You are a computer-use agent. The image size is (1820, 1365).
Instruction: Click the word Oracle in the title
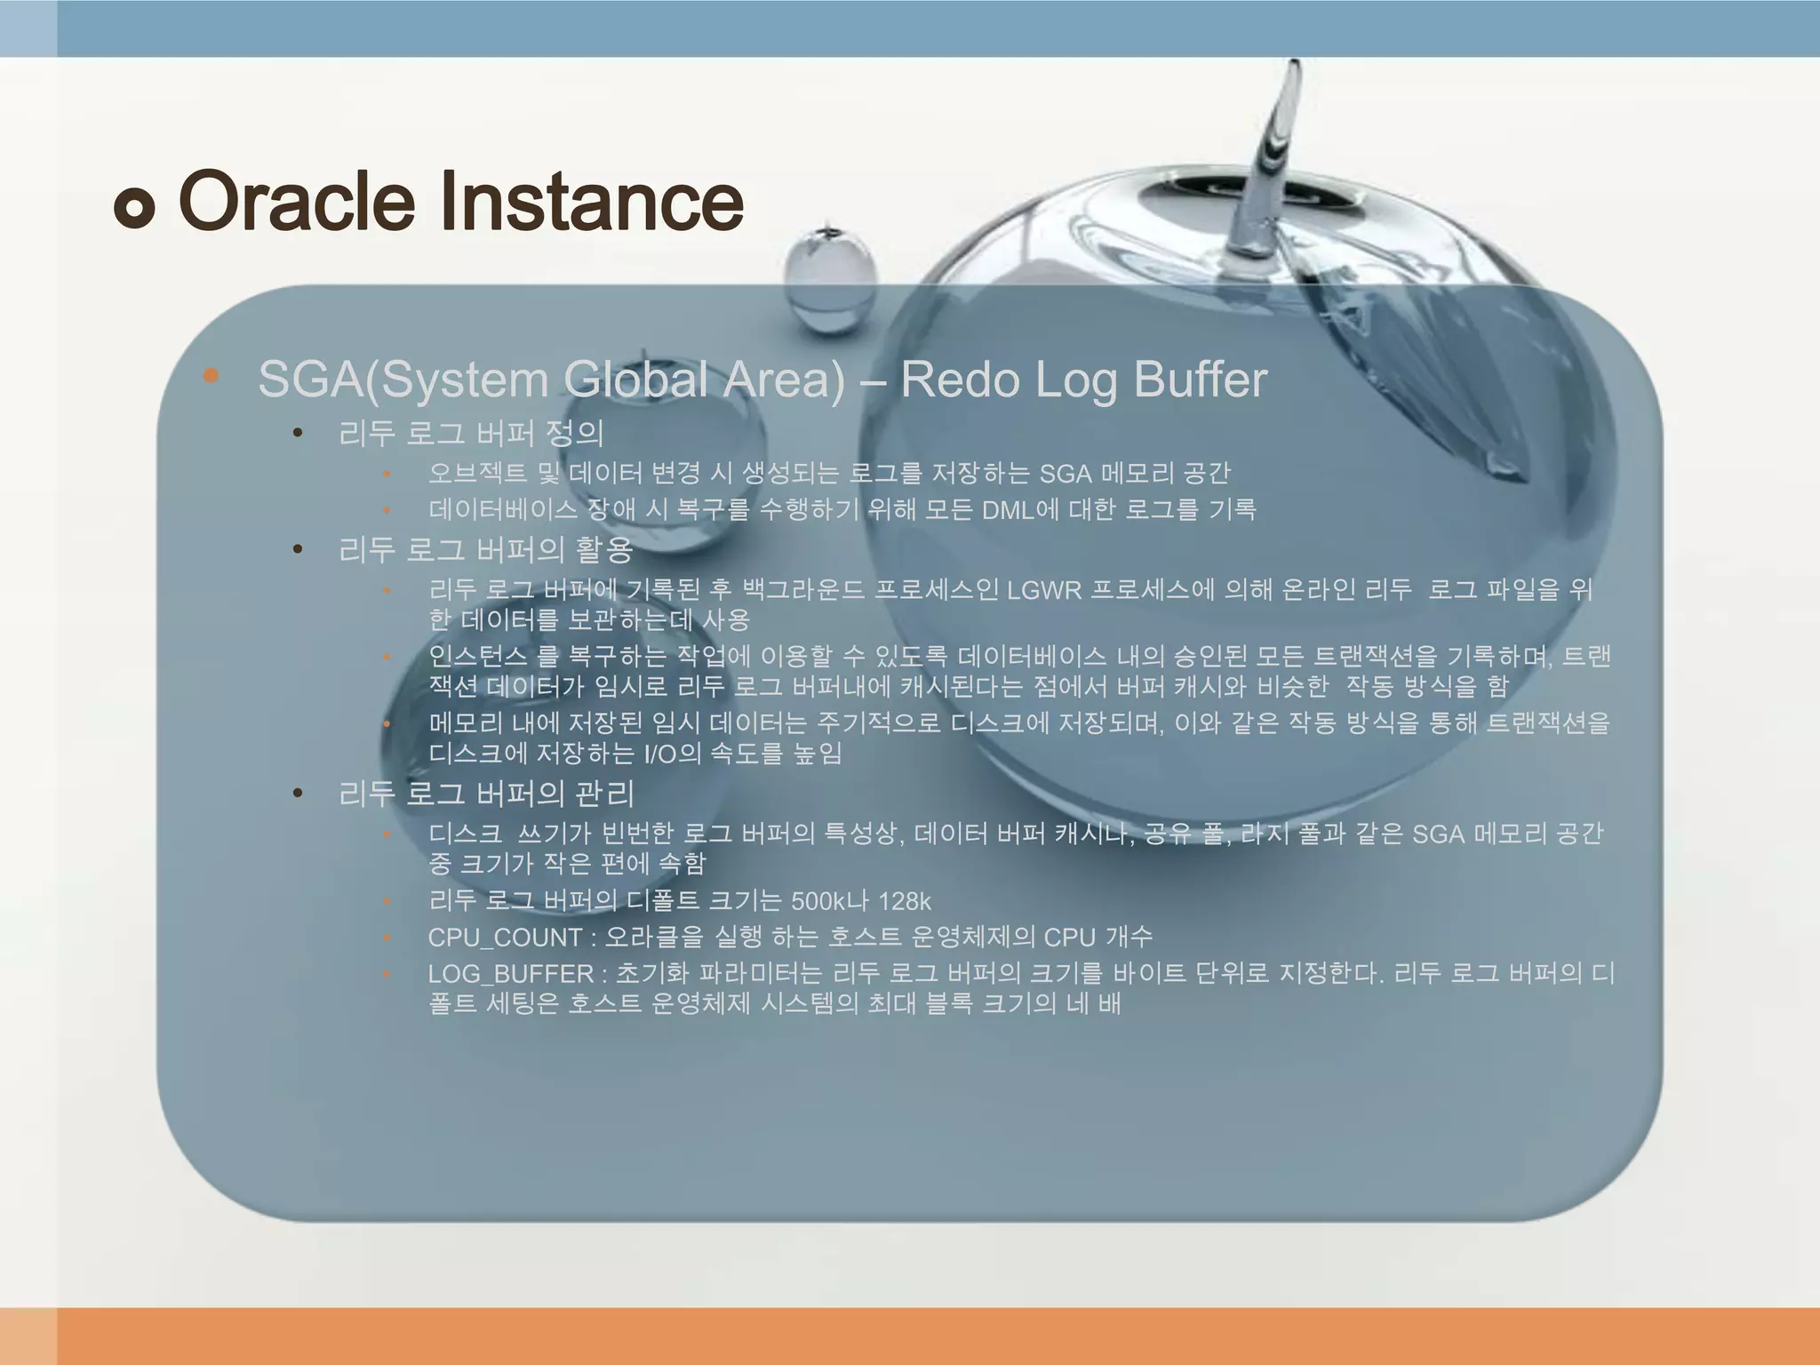point(297,201)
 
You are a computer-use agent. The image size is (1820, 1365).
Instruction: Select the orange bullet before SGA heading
point(211,376)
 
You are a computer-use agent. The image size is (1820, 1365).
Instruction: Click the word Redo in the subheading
point(960,379)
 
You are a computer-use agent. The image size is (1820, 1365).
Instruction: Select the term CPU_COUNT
point(504,938)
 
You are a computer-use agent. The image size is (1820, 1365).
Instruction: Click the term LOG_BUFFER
point(510,974)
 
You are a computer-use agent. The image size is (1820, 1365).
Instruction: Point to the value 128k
point(905,901)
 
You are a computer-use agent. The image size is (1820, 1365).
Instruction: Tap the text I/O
point(660,754)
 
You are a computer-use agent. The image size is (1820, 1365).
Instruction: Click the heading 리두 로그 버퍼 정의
point(471,434)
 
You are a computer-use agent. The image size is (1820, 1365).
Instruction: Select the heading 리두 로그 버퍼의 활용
point(485,550)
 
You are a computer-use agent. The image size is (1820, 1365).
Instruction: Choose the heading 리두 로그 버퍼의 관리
point(486,793)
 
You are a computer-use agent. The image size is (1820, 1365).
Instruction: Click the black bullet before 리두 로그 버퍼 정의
point(299,434)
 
